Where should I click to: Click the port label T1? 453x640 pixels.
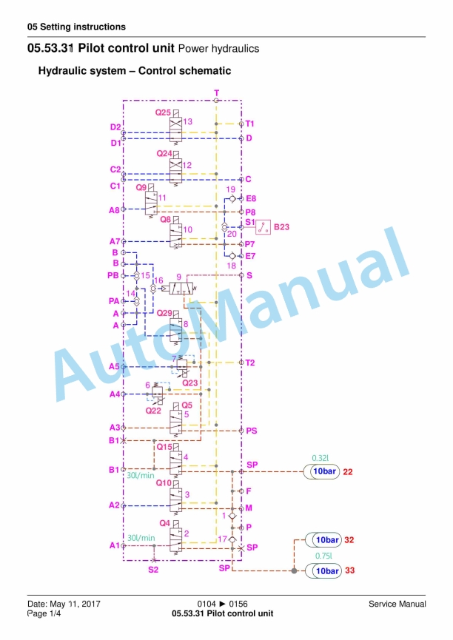click(249, 124)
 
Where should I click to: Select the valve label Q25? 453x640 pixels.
click(163, 112)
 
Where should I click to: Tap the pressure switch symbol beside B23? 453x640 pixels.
click(263, 227)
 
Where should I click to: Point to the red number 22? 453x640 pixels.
click(348, 472)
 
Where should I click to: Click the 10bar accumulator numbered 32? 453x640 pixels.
click(323, 540)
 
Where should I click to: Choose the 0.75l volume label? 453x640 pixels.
click(323, 556)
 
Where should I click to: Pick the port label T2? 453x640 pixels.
click(250, 363)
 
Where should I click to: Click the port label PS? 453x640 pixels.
click(252, 431)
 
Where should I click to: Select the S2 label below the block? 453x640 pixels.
click(153, 570)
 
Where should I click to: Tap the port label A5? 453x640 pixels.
click(115, 366)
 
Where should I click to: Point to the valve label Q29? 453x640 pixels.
click(164, 313)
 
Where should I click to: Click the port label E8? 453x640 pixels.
click(251, 199)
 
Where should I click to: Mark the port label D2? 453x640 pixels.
click(115, 127)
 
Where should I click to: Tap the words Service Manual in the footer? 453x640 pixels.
click(397, 604)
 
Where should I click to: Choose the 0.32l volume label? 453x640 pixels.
click(321, 458)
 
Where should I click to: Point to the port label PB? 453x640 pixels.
click(113, 275)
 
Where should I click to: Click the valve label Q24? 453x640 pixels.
click(164, 153)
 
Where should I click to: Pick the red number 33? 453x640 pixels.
click(349, 570)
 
